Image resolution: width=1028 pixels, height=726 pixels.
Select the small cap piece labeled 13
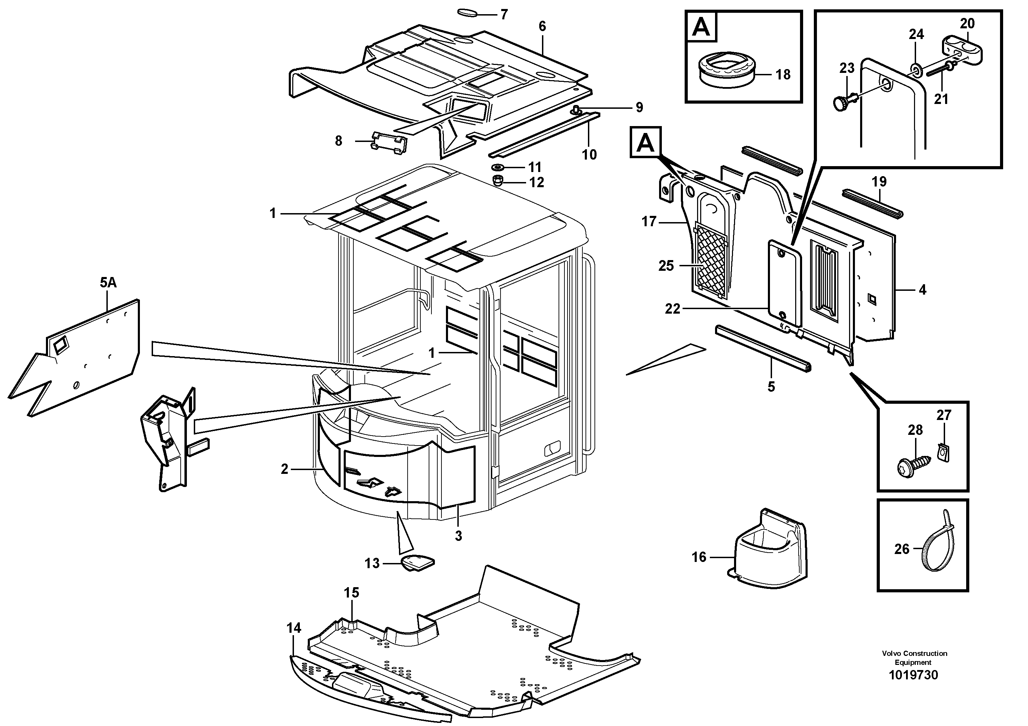(x=417, y=562)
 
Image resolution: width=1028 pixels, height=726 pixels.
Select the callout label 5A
(x=108, y=283)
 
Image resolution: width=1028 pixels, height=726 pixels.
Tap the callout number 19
(x=879, y=182)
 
